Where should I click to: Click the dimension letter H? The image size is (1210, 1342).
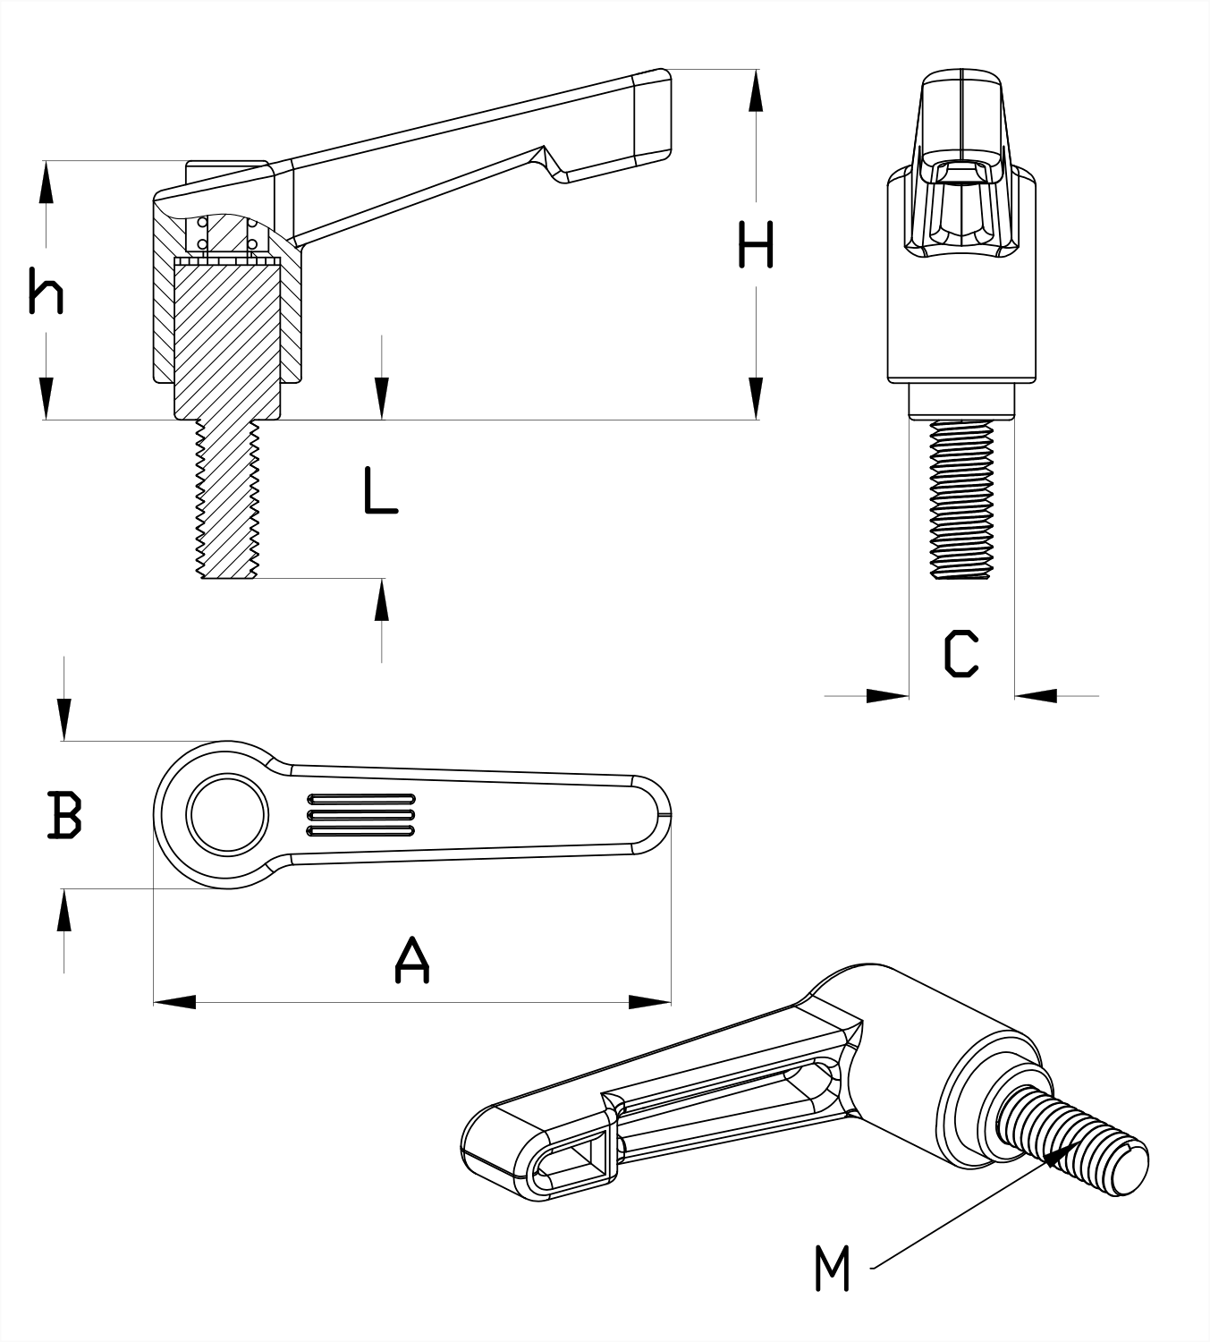(x=756, y=245)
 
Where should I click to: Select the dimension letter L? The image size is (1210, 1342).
(x=380, y=490)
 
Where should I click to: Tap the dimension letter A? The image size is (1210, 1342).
(x=411, y=960)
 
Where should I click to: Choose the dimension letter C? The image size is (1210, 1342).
(x=961, y=653)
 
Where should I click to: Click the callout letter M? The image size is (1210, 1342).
(x=832, y=1268)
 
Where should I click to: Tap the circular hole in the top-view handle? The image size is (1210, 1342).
(x=226, y=814)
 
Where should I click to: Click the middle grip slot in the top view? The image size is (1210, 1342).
(x=361, y=814)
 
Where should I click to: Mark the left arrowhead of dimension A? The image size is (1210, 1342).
(x=174, y=1002)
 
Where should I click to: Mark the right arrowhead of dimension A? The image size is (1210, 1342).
(x=650, y=1002)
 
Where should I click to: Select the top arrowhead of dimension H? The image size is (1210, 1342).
(x=757, y=89)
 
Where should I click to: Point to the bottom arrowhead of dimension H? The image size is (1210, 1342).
(x=757, y=399)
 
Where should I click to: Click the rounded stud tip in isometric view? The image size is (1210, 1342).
(x=1131, y=1167)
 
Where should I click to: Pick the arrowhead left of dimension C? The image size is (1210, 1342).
(x=889, y=695)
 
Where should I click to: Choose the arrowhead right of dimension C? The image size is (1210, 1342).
(x=1036, y=695)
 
